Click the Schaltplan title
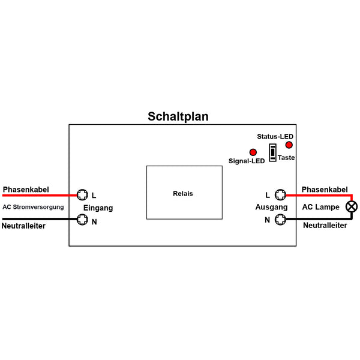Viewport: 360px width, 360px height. point(178,116)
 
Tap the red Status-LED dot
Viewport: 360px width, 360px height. point(289,145)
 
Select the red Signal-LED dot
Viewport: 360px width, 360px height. point(253,152)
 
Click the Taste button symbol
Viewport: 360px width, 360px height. point(272,152)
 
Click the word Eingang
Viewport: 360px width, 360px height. point(98,208)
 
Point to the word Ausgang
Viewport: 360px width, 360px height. point(271,208)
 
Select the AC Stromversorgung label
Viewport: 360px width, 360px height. point(33,207)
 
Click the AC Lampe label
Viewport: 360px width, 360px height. point(321,207)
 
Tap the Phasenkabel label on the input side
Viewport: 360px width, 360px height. point(26,190)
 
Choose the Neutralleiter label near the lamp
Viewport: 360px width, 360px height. point(325,226)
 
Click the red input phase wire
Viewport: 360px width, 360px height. point(40,196)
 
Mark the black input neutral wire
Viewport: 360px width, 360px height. point(40,219)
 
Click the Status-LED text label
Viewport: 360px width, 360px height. point(275,137)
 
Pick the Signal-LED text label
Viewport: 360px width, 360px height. point(247,161)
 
